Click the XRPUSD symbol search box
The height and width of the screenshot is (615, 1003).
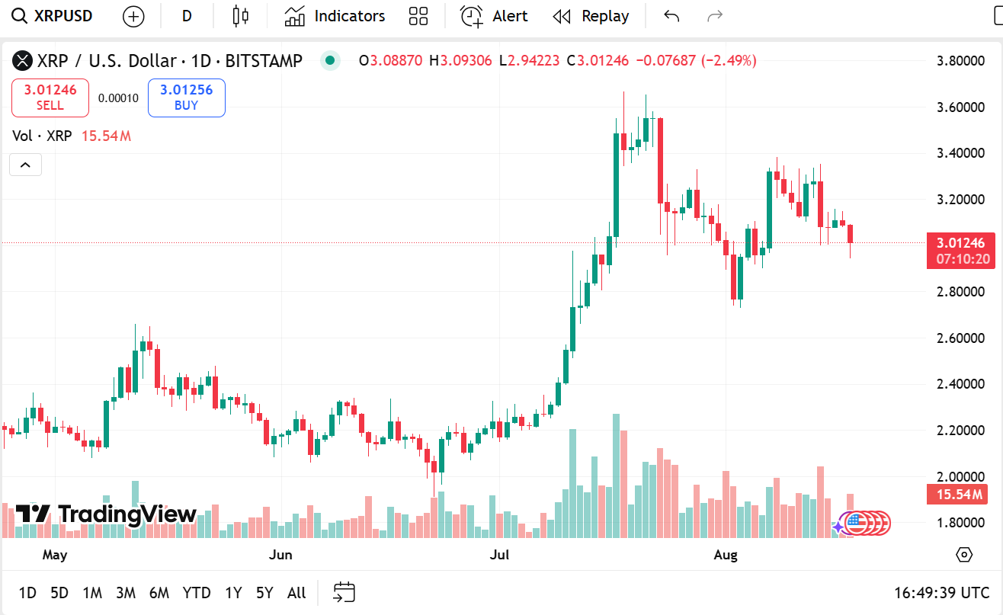tap(53, 16)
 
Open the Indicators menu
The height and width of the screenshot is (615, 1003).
tap(335, 16)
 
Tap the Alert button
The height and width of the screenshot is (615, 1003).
tap(494, 16)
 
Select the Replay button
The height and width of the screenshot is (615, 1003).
tap(591, 16)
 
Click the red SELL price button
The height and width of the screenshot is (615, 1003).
tap(50, 98)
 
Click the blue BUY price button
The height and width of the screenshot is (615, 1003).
tap(186, 98)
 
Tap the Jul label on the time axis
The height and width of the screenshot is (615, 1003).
tap(499, 555)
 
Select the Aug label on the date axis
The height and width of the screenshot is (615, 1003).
tap(726, 555)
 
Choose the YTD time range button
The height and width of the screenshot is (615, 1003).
tap(197, 592)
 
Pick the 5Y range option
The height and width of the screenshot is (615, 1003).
tap(264, 592)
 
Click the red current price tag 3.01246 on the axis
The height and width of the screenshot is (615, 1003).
tap(960, 243)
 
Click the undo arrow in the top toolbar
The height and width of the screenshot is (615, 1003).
tap(671, 16)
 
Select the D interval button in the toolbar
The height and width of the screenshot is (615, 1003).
tap(187, 16)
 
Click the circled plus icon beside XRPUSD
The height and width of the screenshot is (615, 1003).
tap(133, 16)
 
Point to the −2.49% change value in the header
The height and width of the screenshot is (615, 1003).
tap(729, 60)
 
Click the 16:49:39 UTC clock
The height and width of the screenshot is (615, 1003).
tap(942, 592)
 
